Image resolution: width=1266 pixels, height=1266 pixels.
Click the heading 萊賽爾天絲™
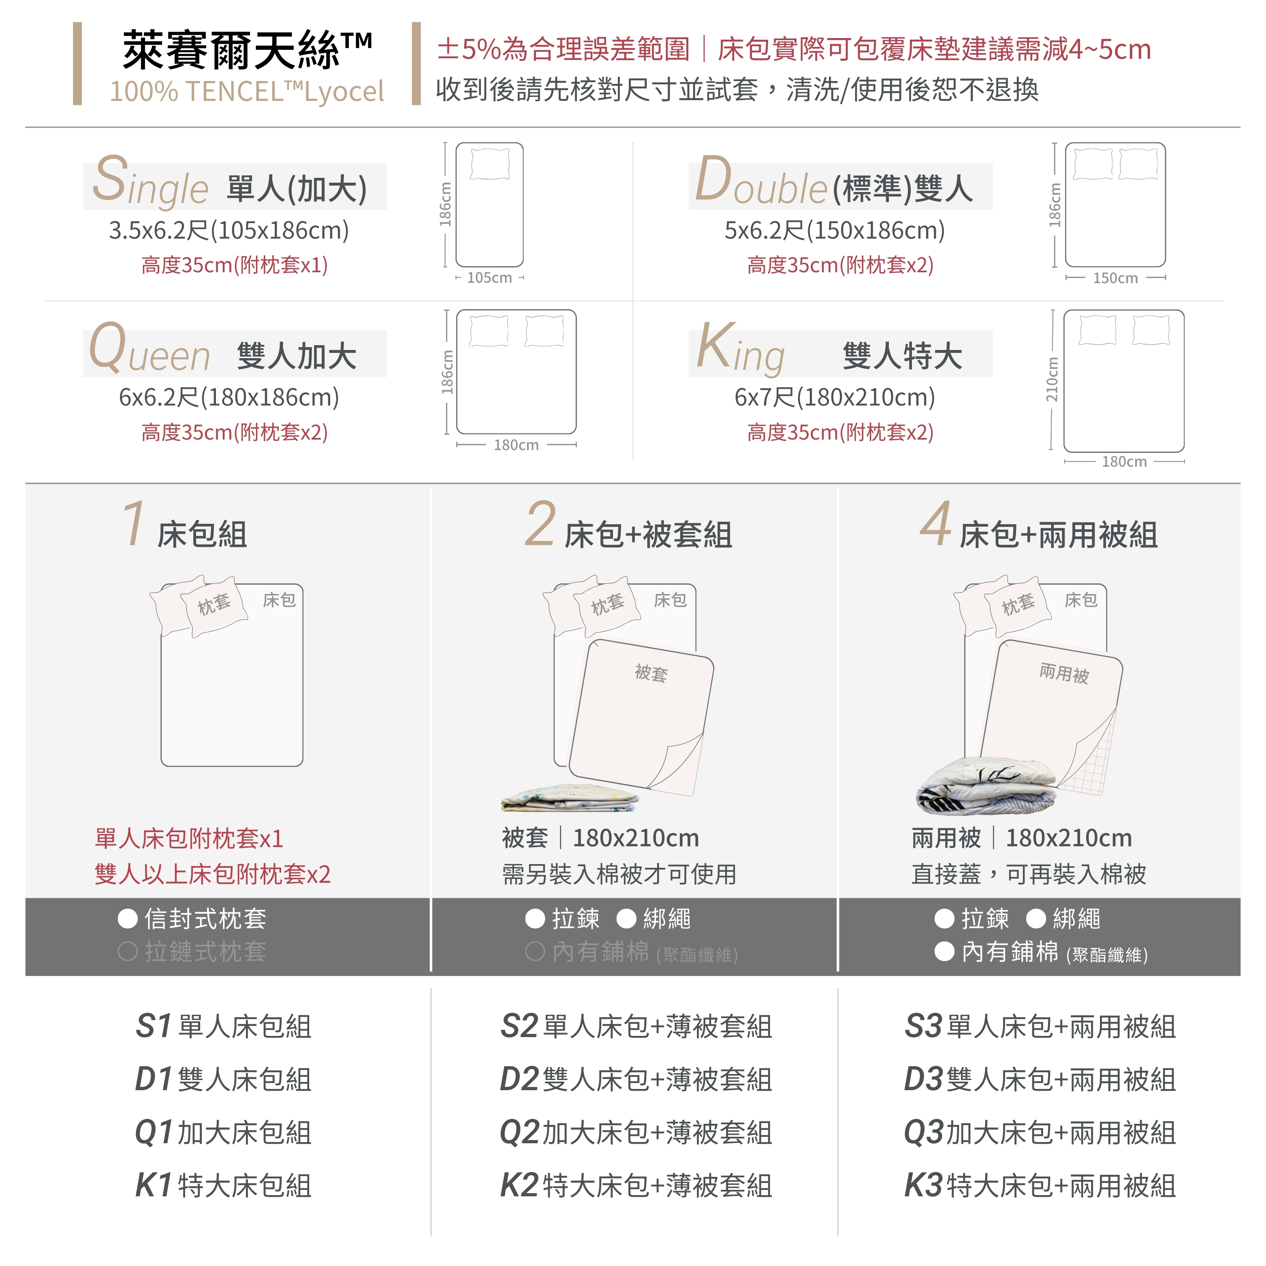pyautogui.click(x=248, y=51)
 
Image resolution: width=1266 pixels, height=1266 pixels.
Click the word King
pyautogui.click(x=741, y=349)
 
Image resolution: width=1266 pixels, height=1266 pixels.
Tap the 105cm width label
pyautogui.click(x=489, y=278)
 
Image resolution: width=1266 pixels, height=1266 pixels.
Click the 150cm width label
pyautogui.click(x=1115, y=278)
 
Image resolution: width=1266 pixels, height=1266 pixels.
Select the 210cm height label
pyautogui.click(x=1052, y=380)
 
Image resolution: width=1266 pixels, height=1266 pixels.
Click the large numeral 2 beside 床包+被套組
pyautogui.click(x=540, y=524)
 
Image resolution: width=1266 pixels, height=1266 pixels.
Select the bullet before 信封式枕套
pyautogui.click(x=128, y=919)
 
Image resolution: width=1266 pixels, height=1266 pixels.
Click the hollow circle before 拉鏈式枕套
pyautogui.click(x=128, y=952)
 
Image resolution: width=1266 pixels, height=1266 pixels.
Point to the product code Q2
pyautogui.click(x=520, y=1132)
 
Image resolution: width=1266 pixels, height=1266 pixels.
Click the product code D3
pyautogui.click(x=924, y=1079)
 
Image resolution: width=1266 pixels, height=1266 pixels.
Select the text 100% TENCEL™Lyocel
pyautogui.click(x=247, y=92)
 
